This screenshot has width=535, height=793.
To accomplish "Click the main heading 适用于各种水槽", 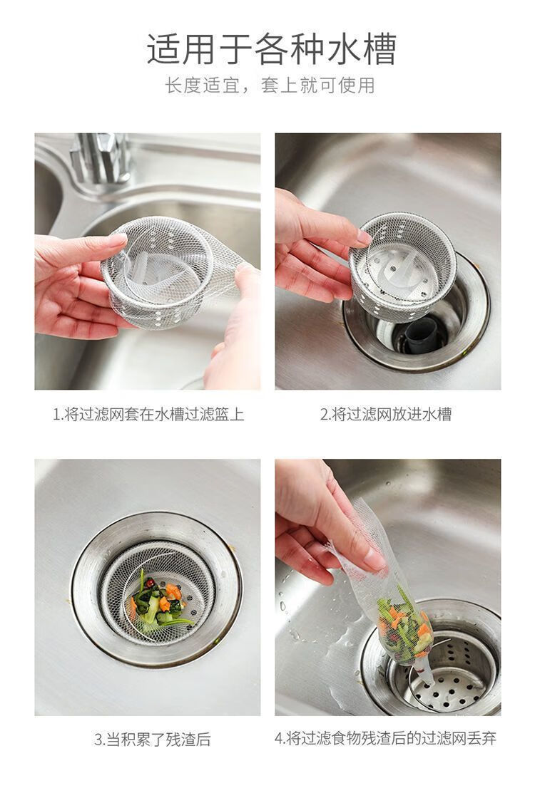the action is [x=271, y=49].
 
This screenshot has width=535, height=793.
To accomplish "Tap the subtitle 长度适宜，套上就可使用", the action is [x=270, y=85].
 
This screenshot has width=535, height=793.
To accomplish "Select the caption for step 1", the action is [x=148, y=414].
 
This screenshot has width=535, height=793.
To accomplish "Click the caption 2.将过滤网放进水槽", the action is [x=386, y=414].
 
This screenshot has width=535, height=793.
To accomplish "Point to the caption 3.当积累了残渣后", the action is [x=152, y=739].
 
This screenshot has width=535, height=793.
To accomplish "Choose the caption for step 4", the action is [x=386, y=738].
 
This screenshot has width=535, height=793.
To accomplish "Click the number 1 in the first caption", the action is [x=56, y=415].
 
